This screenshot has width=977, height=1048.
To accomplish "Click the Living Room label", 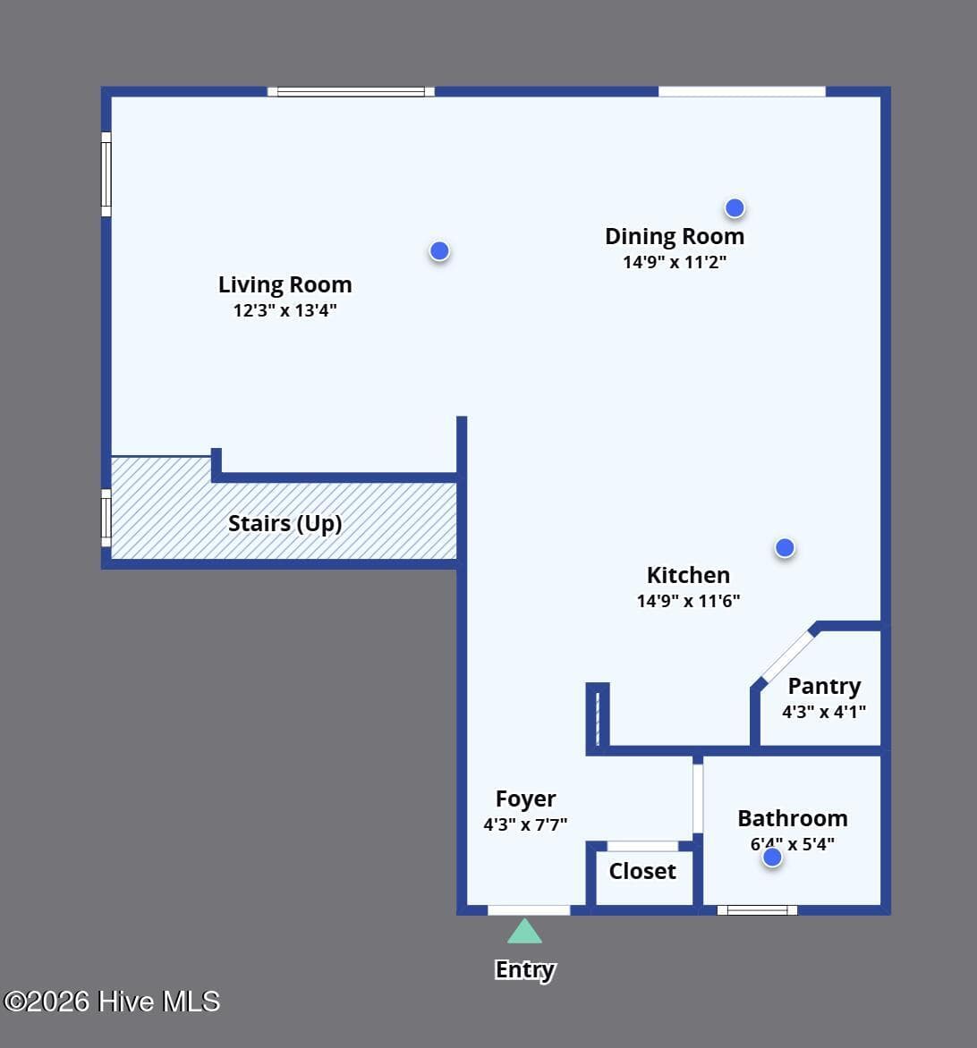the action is [x=285, y=284].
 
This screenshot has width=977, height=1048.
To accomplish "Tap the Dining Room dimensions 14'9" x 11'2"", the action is [x=675, y=262].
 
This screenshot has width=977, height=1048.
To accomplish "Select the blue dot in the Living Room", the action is [x=439, y=250].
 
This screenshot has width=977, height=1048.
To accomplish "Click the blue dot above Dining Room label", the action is [x=735, y=207].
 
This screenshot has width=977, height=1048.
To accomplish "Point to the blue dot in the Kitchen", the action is [x=785, y=548].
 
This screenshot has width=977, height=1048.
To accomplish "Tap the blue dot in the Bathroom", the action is [x=772, y=857].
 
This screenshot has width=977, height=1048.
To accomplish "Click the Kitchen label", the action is [x=688, y=575].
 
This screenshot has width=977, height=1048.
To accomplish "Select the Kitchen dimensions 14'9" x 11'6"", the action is [x=688, y=601].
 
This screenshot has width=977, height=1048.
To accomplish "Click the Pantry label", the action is [x=825, y=687].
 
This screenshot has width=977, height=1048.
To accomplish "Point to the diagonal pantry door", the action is [x=787, y=656].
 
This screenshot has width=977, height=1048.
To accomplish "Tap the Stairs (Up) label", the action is [x=285, y=523].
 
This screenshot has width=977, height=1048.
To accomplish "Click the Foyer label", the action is [x=525, y=799].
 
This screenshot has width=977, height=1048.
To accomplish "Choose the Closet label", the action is [x=642, y=871].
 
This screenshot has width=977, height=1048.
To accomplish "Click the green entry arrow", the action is [x=525, y=931].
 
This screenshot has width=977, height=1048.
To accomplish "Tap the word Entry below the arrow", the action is [x=525, y=970].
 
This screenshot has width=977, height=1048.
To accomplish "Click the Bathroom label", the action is [x=793, y=818].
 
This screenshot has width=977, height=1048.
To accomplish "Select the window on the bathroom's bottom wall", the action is [x=757, y=910].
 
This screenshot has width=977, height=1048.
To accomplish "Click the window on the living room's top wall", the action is [x=351, y=91].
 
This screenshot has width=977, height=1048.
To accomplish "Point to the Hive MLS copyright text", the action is [x=112, y=1002].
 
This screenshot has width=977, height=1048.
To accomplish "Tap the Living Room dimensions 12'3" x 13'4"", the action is [x=285, y=310].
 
